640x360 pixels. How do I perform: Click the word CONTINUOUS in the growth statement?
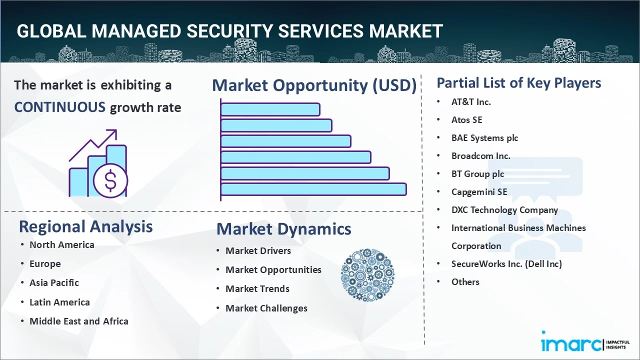click(60, 107)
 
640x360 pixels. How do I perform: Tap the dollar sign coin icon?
click(110, 181)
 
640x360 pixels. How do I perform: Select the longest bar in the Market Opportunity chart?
click(313, 189)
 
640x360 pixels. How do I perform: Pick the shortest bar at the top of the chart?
click(270, 109)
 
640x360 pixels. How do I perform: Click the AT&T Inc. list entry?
click(471, 102)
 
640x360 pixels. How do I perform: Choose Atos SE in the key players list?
click(467, 120)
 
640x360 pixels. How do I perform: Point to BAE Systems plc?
click(484, 138)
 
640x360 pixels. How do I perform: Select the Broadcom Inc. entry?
click(481, 156)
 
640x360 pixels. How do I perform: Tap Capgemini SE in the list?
click(479, 192)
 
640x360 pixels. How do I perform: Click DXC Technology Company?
click(504, 210)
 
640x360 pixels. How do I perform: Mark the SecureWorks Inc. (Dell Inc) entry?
click(506, 263)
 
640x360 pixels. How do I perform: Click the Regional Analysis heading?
click(85, 227)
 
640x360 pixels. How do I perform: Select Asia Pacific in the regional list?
click(54, 283)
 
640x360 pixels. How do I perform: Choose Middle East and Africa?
click(79, 321)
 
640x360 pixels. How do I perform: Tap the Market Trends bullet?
click(257, 289)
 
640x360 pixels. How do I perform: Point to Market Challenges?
click(266, 308)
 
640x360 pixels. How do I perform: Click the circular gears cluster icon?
click(367, 275)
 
